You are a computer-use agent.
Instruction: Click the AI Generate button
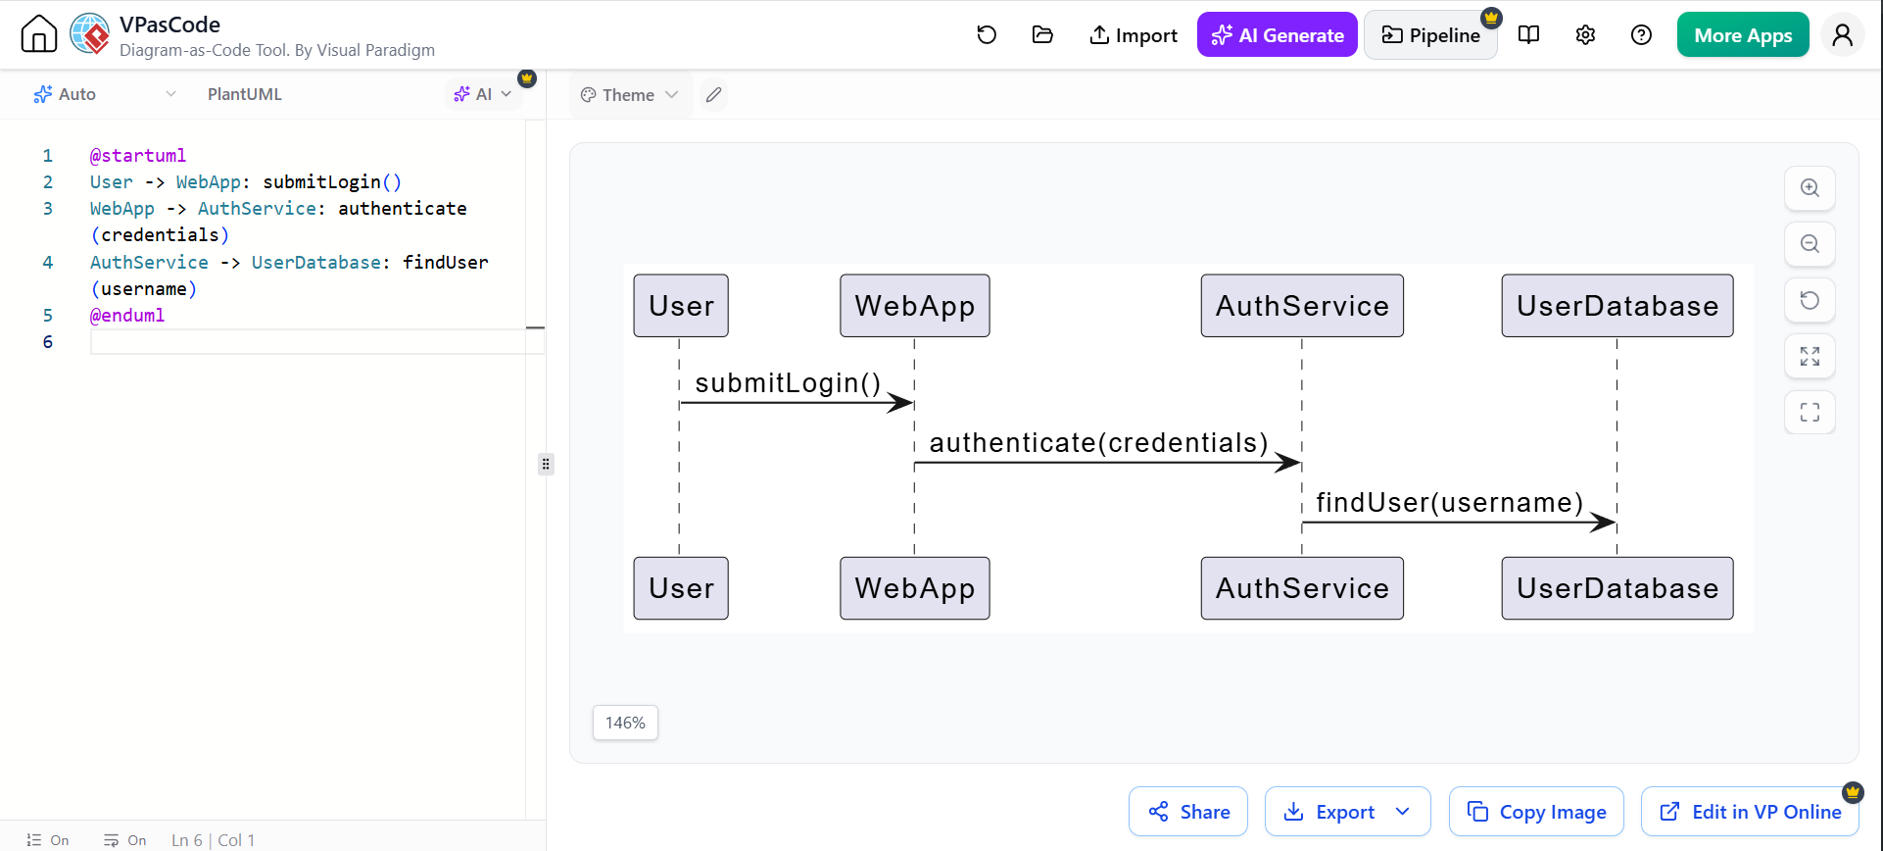point(1277,35)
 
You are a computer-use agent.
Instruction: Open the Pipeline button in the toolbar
point(1430,35)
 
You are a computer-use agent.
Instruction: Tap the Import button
point(1133,35)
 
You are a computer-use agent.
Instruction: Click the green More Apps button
point(1743,35)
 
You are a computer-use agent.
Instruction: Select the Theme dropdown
point(629,95)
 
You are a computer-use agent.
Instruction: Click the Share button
point(1188,812)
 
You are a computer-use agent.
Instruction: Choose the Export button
point(1347,812)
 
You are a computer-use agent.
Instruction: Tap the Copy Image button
point(1536,812)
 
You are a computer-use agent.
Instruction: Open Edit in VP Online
point(1750,812)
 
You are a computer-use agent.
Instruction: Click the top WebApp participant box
point(915,306)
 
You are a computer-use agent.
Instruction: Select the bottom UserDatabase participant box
point(1617,588)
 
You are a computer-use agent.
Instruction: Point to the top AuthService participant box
point(1302,306)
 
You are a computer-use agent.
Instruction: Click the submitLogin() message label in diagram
point(788,382)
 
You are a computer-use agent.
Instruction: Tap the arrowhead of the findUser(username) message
point(1604,523)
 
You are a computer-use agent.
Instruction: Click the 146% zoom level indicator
point(625,723)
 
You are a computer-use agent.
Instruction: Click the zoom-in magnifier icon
point(1810,188)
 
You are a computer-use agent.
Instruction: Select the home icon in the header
point(39,34)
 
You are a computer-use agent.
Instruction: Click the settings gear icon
point(1585,35)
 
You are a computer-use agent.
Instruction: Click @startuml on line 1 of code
point(138,155)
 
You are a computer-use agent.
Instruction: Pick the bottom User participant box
point(681,588)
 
